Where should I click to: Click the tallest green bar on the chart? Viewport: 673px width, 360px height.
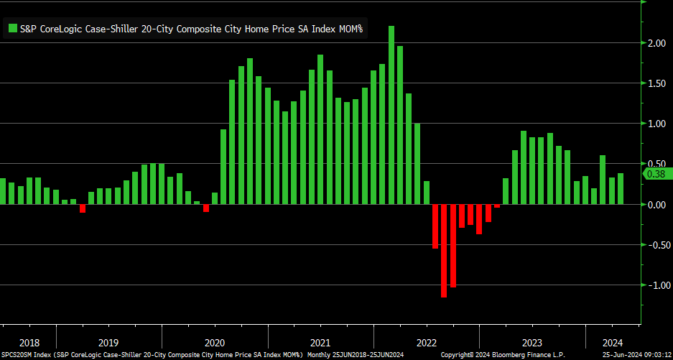click(391, 115)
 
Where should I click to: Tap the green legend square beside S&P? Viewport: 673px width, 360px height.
click(12, 29)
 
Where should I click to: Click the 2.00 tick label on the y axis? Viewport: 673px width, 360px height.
click(655, 43)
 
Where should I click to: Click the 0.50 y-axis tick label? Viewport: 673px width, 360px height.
click(655, 164)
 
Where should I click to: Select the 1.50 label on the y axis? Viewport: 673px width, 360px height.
click(655, 83)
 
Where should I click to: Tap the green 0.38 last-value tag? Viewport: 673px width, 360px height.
click(655, 175)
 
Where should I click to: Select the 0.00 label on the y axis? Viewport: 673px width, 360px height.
click(655, 205)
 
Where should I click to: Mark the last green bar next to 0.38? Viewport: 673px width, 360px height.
click(621, 189)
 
